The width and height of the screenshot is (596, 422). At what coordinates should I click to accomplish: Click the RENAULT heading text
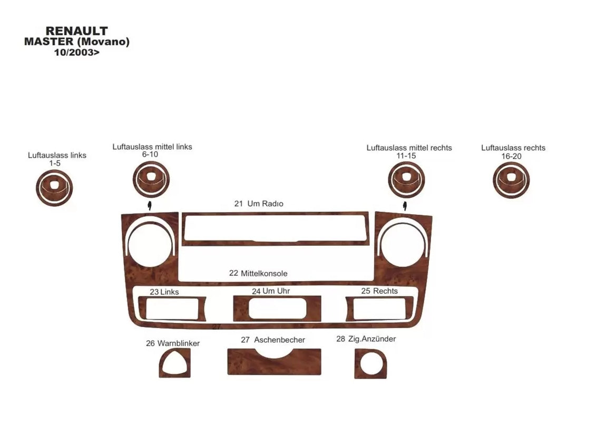76,31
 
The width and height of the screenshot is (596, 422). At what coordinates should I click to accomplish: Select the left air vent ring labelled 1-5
54,188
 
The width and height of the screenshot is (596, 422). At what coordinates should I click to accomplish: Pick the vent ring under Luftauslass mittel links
151,179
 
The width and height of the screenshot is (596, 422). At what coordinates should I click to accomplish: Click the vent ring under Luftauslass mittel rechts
406,180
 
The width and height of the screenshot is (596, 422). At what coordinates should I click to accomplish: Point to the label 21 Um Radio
259,204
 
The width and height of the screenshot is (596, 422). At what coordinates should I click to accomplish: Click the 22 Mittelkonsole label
258,273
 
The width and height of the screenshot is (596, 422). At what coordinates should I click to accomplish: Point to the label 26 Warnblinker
173,343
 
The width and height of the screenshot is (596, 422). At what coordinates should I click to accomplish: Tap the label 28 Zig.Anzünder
366,339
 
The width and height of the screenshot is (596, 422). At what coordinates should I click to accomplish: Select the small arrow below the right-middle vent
405,206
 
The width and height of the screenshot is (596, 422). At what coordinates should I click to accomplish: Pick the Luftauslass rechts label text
513,148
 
